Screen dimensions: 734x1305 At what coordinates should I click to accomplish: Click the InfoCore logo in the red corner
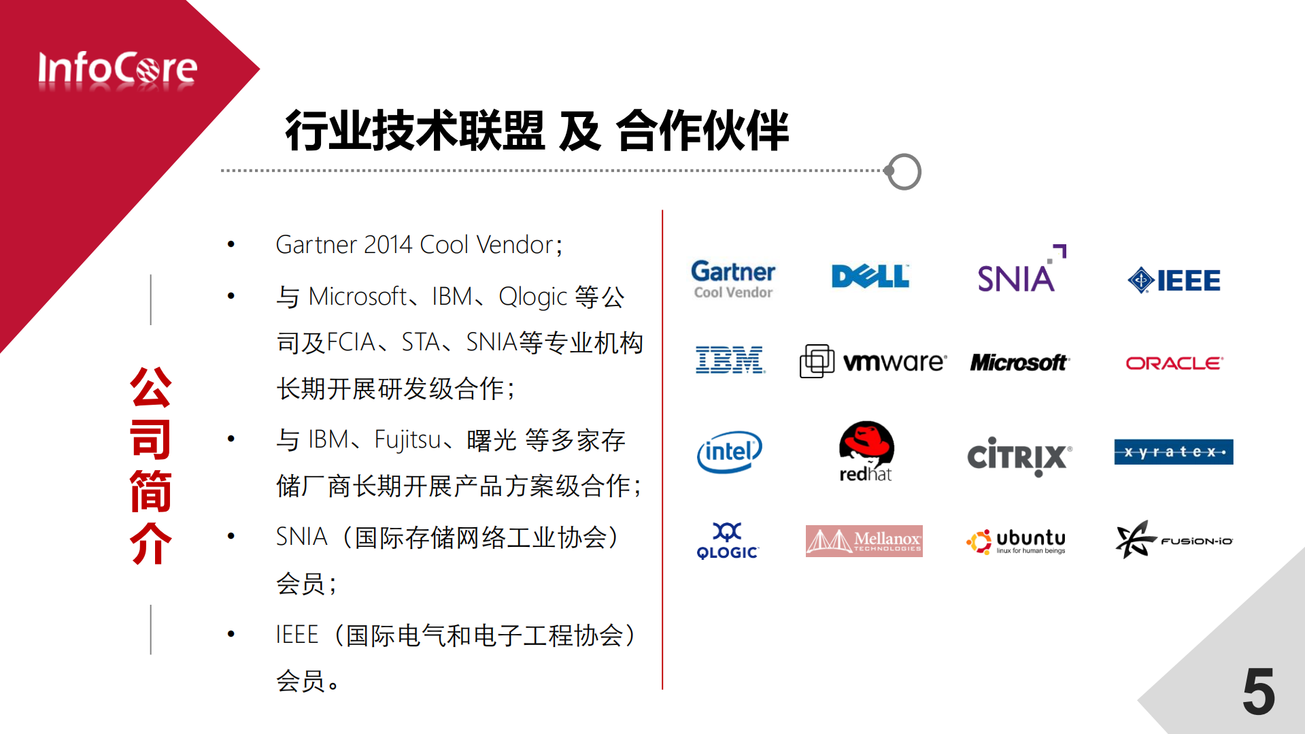(117, 69)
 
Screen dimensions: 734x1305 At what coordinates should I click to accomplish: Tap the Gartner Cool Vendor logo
(733, 279)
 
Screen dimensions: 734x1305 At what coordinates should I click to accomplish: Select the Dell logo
(870, 276)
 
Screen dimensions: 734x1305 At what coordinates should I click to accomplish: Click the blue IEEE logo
(1174, 280)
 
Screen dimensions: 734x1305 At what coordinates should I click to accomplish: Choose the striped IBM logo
(730, 360)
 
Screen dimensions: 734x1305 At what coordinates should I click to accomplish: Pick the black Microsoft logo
(1019, 363)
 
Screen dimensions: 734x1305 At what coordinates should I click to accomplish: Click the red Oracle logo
(1174, 363)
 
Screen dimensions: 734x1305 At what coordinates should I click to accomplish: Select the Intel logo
(730, 452)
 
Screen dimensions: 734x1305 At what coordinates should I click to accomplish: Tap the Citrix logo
(1019, 456)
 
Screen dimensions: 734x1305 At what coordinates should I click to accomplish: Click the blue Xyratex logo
(1173, 452)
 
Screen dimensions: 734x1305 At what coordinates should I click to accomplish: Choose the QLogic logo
(728, 541)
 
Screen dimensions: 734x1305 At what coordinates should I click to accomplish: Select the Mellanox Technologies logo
(864, 541)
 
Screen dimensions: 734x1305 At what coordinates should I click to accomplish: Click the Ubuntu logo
(1017, 541)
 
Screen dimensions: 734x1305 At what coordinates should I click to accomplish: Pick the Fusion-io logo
(1174, 540)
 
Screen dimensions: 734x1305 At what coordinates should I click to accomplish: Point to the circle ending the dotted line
(904, 171)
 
